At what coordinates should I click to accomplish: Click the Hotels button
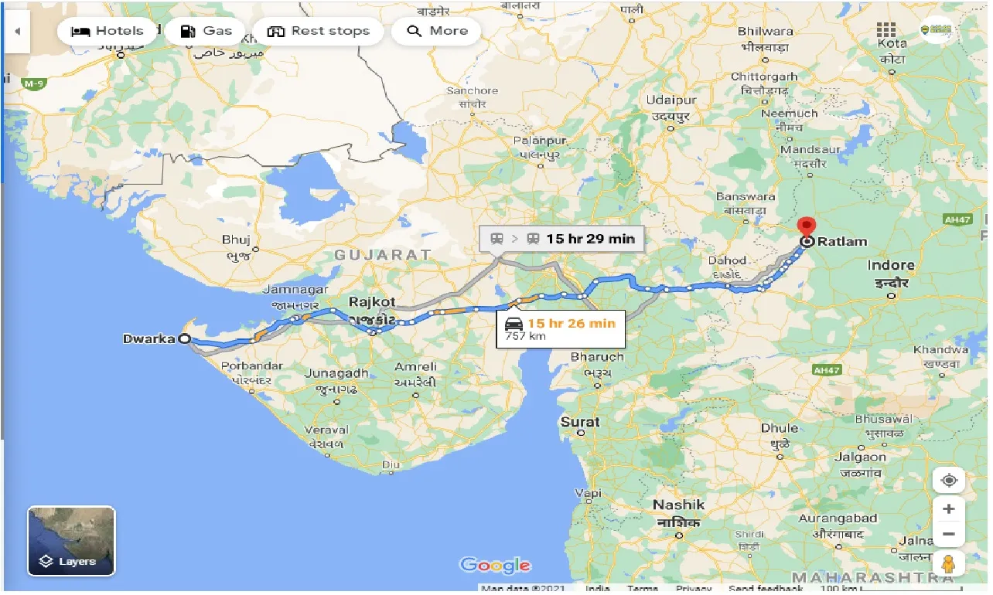[x=107, y=32]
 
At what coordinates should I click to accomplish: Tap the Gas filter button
[x=206, y=32]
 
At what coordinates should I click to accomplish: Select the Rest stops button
[x=318, y=32]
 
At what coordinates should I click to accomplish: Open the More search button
[x=437, y=32]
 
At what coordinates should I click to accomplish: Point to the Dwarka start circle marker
[x=184, y=338]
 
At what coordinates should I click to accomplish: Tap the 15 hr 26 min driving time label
[x=571, y=322]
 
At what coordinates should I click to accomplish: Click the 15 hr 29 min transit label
[x=589, y=239]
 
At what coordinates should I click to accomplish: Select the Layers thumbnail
[x=71, y=541]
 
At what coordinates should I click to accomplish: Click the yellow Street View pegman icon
[x=949, y=564]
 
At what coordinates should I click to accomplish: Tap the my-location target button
[x=949, y=480]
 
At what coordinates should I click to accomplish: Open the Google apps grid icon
[x=886, y=32]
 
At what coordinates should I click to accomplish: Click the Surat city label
[x=580, y=422]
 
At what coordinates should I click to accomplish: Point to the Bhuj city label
[x=236, y=240]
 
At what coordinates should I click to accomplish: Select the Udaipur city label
[x=671, y=100]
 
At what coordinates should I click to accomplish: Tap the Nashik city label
[x=678, y=505]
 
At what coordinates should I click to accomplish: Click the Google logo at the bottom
[x=495, y=565]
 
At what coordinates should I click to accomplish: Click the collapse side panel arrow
[x=16, y=32]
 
